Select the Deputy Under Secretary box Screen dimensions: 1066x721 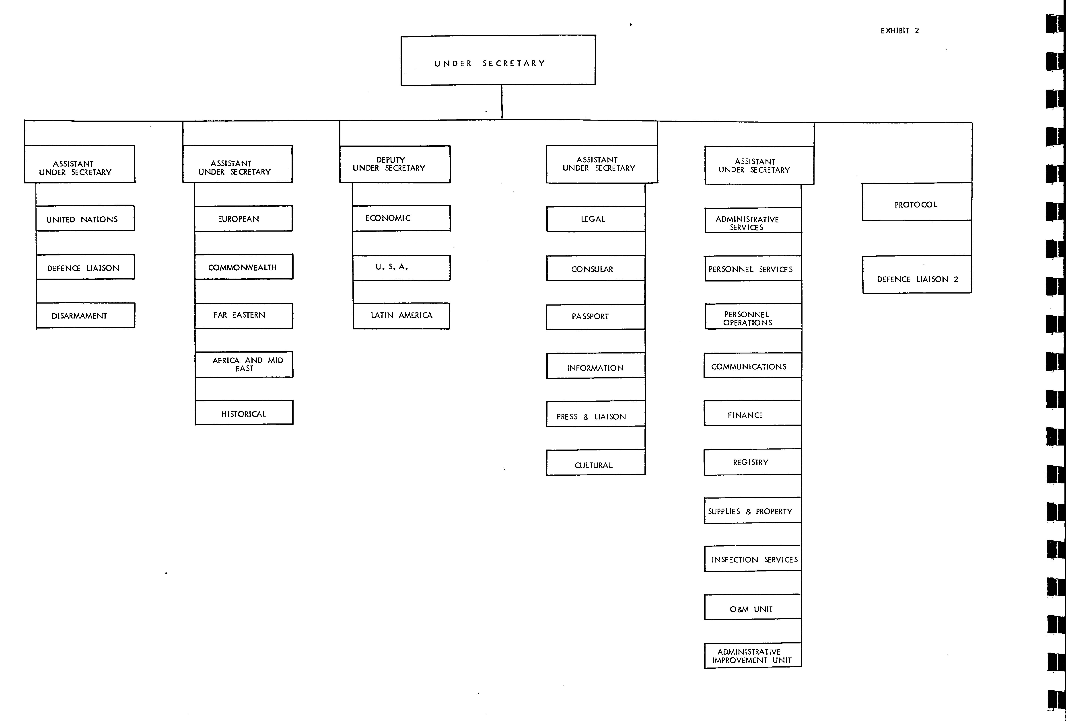tap(395, 164)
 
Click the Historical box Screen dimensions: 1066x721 tap(244, 412)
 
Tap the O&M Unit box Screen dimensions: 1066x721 tap(753, 607)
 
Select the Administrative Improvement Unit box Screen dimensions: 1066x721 tap(753, 655)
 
